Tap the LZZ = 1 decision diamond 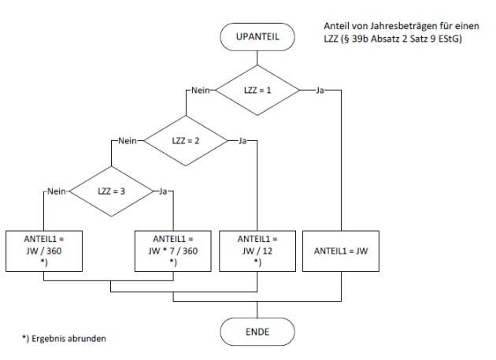coord(257,91)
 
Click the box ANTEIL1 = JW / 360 coord(44,251)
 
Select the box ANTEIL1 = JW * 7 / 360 coord(173,251)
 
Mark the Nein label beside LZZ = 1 coord(197,91)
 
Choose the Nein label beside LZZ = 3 coord(56,191)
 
